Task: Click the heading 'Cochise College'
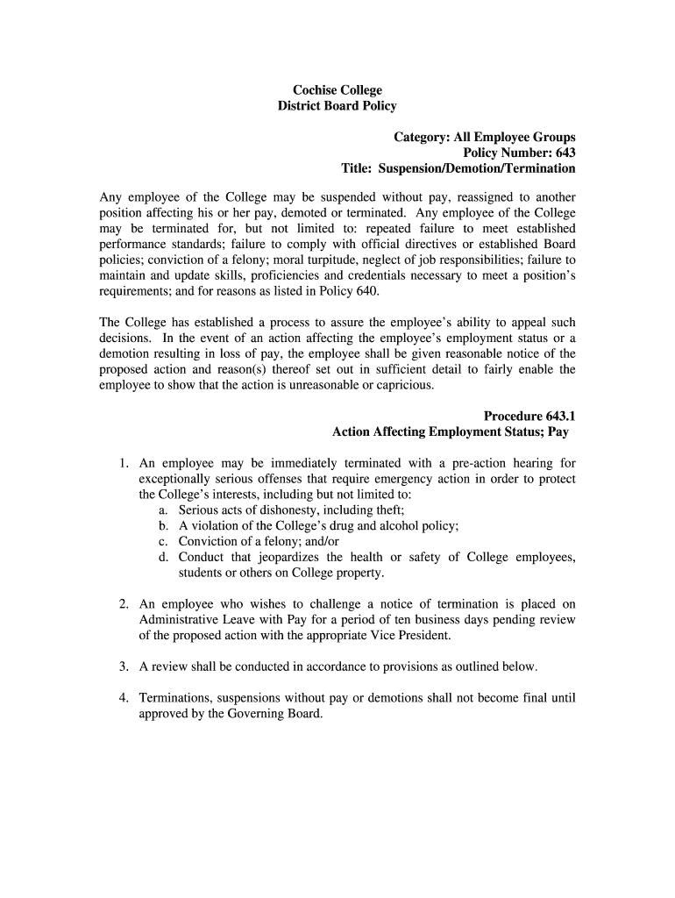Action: click(x=337, y=89)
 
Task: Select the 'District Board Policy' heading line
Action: click(x=337, y=106)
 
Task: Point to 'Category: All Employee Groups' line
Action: click(x=484, y=137)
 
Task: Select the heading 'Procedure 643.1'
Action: click(x=529, y=416)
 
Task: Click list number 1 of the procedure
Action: click(x=124, y=463)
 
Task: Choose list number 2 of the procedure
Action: click(x=124, y=604)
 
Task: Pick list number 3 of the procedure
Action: click(x=124, y=666)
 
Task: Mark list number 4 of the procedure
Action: click(x=124, y=698)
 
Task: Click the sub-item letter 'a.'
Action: click(x=164, y=510)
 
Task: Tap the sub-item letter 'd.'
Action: click(x=164, y=558)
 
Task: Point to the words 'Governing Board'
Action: click(x=274, y=714)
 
